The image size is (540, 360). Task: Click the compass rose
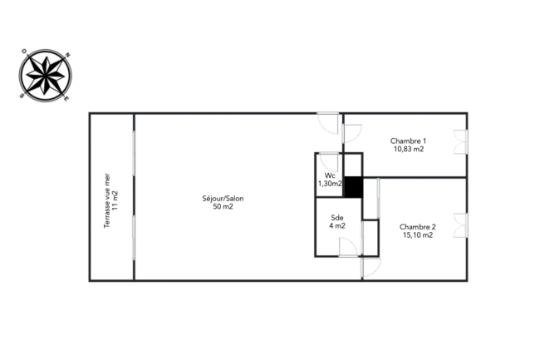tap(46, 76)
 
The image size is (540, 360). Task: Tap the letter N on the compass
tap(68, 54)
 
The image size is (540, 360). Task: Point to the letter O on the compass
tap(24, 52)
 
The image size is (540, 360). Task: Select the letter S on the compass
tap(22, 96)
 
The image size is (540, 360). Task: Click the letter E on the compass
tap(66, 99)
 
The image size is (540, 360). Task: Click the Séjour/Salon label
tap(223, 199)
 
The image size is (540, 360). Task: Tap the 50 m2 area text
tap(223, 207)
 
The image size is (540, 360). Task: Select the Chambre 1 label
tap(408, 141)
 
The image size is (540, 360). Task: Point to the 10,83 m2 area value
tap(409, 149)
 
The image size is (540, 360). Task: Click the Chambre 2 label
tap(417, 227)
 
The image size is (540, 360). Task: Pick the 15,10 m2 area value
tap(418, 235)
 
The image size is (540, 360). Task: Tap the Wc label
tap(330, 175)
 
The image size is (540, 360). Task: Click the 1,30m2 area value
tap(330, 184)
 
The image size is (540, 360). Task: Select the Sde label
tap(336, 218)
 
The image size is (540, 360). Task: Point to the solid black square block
tap(353, 187)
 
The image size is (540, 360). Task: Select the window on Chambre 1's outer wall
tap(461, 141)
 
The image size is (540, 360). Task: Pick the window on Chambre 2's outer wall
tap(461, 225)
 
